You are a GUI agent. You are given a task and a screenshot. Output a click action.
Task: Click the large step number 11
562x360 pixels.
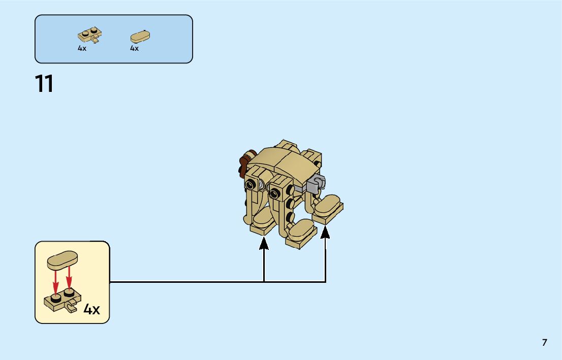(44, 84)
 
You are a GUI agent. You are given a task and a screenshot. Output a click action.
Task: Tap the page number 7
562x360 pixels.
(544, 343)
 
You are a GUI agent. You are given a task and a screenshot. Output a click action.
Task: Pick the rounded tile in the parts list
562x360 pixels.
(140, 37)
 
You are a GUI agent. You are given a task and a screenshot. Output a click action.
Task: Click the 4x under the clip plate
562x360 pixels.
(82, 49)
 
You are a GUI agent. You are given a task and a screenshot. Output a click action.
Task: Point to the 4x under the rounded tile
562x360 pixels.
(134, 49)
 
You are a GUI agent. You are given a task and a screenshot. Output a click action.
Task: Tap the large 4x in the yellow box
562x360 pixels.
(91, 309)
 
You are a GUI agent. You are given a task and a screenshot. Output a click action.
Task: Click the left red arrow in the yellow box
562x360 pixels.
(56, 282)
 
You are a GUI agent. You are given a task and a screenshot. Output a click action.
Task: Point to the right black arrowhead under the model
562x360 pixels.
(325, 232)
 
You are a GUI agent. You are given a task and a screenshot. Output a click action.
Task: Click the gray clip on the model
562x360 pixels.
(317, 183)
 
